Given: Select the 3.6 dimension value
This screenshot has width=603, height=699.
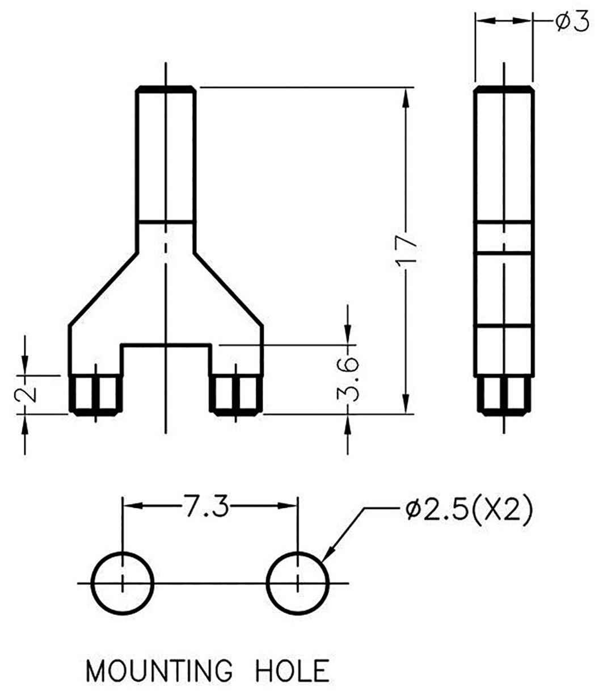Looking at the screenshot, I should [348, 379].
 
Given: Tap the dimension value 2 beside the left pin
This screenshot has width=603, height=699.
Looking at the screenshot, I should [26, 394].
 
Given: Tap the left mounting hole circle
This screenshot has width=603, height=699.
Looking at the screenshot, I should [123, 583].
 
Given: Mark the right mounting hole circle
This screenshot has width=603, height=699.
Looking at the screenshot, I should [298, 583].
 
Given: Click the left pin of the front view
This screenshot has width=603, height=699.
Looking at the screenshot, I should [95, 394].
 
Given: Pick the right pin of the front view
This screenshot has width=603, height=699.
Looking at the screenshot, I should [237, 394].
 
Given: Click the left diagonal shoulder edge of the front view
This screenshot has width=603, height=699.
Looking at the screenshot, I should [103, 288].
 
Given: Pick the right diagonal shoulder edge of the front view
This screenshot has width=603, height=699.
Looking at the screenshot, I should [229, 288].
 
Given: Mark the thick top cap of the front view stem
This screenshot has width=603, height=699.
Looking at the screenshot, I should [166, 89].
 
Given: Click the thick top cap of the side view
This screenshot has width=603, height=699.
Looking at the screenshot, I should [504, 89].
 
